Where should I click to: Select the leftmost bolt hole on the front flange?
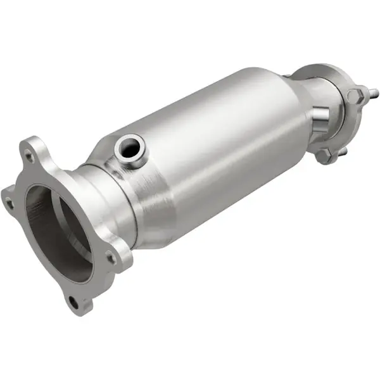coord(9,203)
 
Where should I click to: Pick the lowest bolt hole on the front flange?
coord(73,302)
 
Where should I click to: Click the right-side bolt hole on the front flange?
coord(111,258)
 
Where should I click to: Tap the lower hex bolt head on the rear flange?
coord(324,156)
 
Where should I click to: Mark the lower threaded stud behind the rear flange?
coord(343,152)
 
